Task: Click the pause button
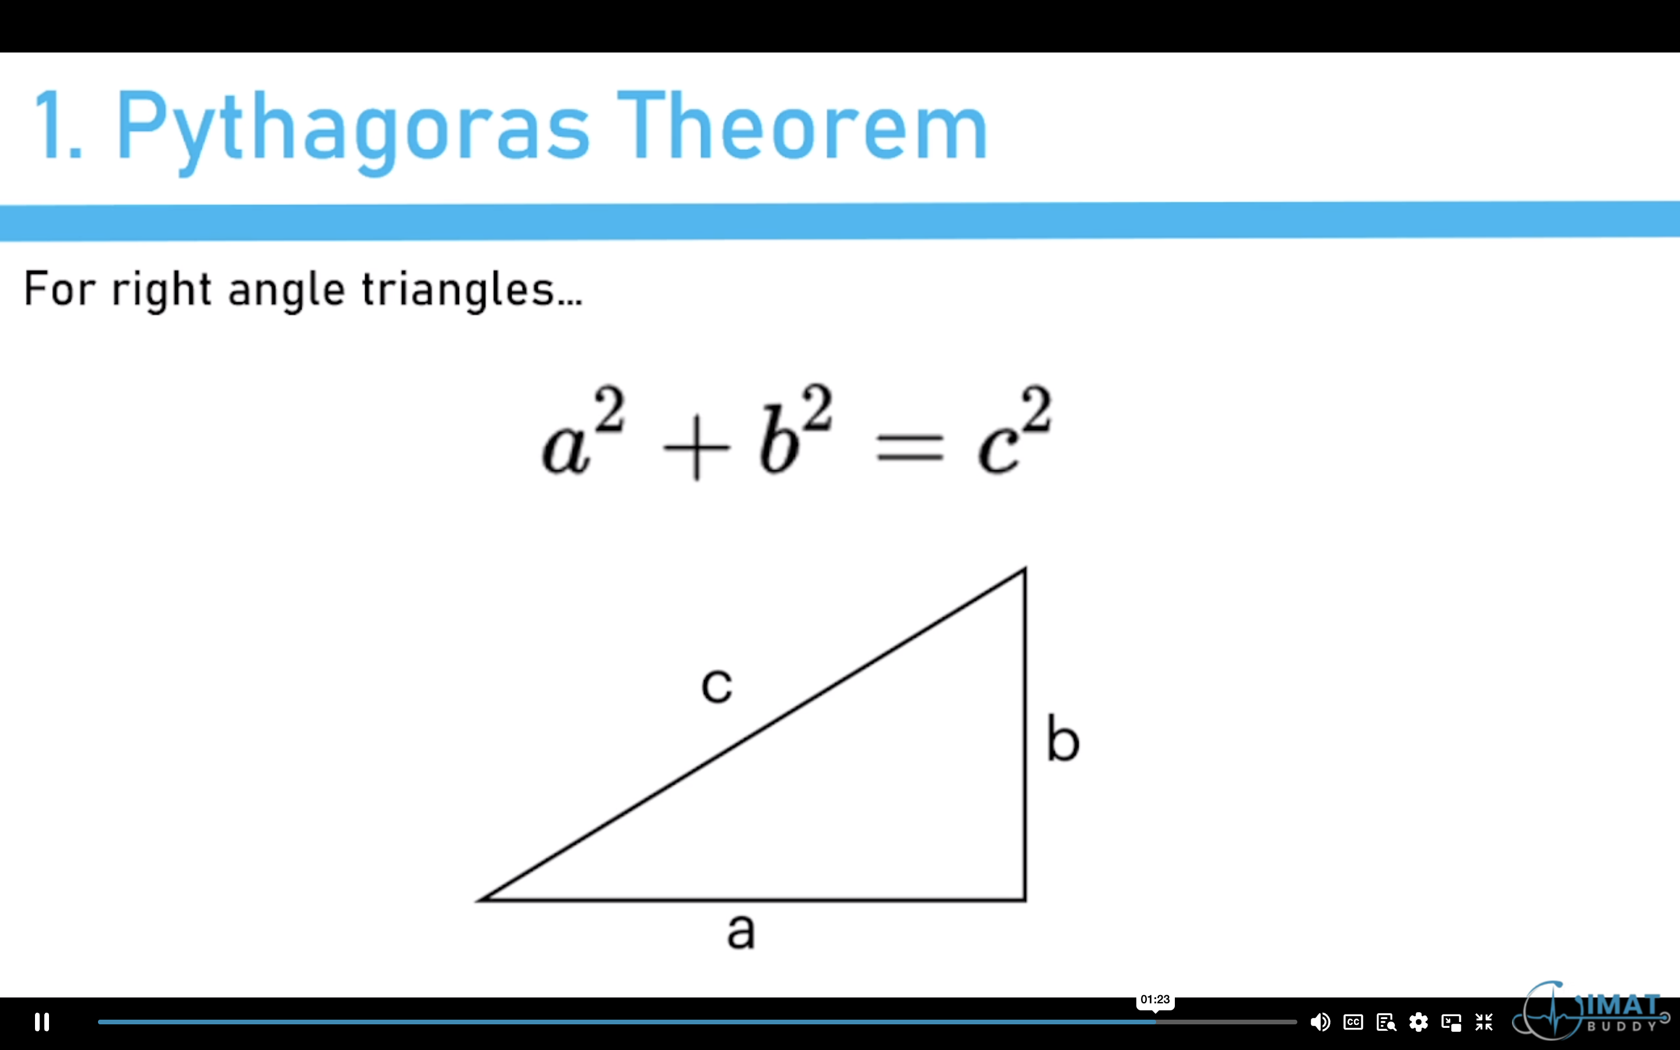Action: coord(41,1021)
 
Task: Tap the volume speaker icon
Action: coord(1319,1021)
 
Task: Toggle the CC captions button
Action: coord(1353,1021)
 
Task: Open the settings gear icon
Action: coord(1418,1021)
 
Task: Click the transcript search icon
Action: coord(1385,1021)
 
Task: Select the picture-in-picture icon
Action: coord(1451,1021)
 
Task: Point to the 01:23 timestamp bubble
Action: coord(1154,999)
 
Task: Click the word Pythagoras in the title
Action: coord(353,128)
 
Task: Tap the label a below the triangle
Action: coord(741,930)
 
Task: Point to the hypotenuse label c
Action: coord(716,685)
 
